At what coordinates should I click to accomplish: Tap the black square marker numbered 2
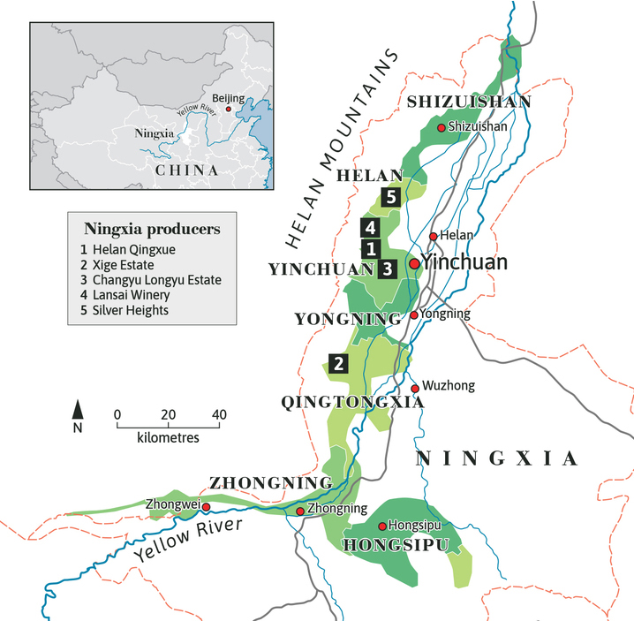pyautogui.click(x=337, y=362)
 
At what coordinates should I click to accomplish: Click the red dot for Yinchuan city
pyautogui.click(x=413, y=263)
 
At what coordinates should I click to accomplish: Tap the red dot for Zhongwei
pyautogui.click(x=206, y=507)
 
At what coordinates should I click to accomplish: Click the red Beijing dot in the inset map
pyautogui.click(x=229, y=109)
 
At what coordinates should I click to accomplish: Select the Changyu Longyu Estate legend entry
pyautogui.click(x=156, y=280)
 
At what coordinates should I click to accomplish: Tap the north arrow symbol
pyautogui.click(x=78, y=411)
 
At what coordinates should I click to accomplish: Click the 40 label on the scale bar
pyautogui.click(x=219, y=414)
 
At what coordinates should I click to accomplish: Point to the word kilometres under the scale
pyautogui.click(x=168, y=437)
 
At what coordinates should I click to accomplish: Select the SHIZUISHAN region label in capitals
pyautogui.click(x=469, y=102)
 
